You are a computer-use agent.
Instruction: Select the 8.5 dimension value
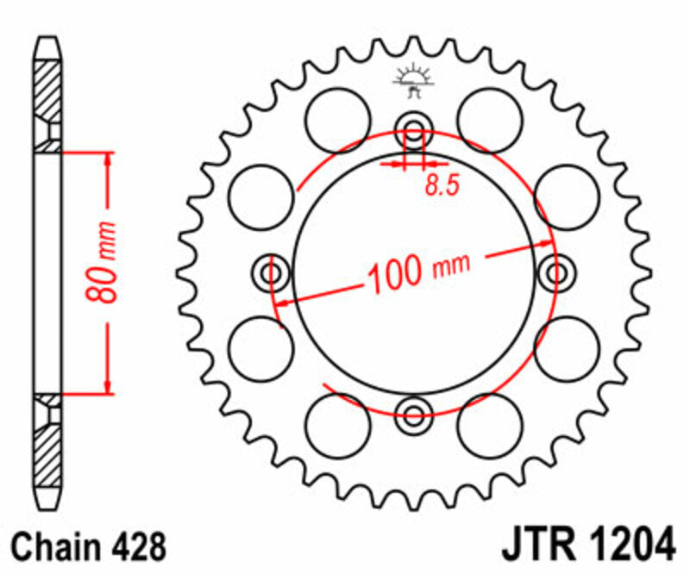pos(440,186)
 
